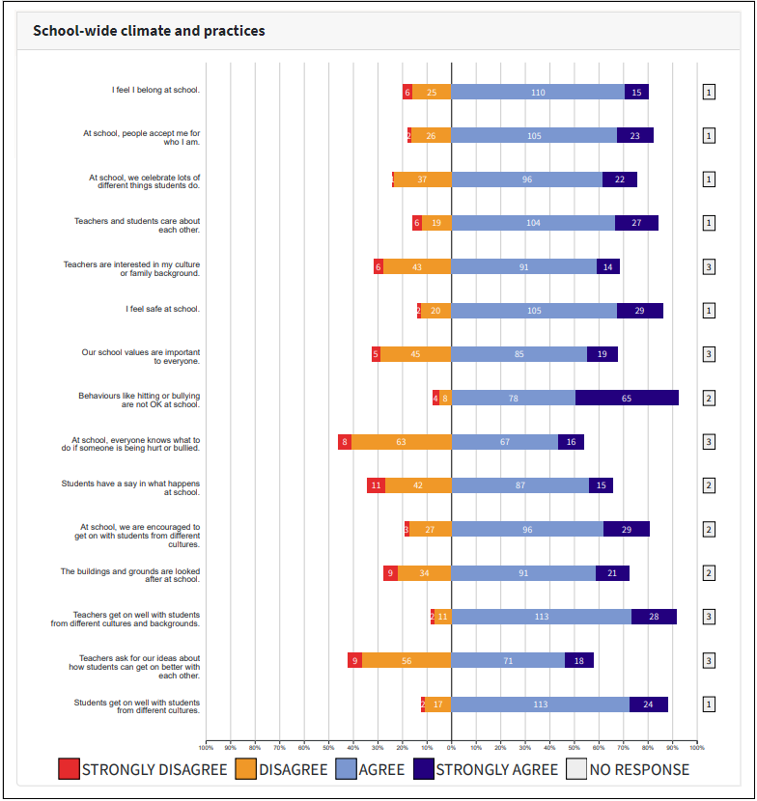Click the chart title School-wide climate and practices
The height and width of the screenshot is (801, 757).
[x=149, y=31]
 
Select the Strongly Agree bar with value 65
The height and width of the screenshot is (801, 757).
[x=627, y=398]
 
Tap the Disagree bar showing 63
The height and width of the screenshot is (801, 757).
[x=401, y=442]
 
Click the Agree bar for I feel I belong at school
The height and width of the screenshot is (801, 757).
[x=538, y=92]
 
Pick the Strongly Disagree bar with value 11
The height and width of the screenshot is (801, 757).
[x=377, y=485]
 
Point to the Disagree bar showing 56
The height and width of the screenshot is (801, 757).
[x=407, y=660]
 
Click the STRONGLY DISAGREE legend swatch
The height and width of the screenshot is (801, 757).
[x=69, y=769]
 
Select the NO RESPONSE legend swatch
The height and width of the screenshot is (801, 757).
[x=576, y=769]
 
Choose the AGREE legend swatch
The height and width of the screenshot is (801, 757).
[x=346, y=769]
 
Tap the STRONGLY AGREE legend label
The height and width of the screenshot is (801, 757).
[x=496, y=769]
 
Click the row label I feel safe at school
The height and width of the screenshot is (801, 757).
[x=163, y=310]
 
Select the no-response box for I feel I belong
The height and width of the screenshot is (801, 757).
[x=709, y=92]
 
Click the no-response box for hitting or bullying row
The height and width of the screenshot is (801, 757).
[x=709, y=398]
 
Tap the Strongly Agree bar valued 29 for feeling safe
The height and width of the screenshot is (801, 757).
[x=640, y=311]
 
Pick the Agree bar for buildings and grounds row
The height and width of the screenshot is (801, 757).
[x=523, y=573]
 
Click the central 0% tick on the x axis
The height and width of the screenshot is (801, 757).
[x=451, y=747]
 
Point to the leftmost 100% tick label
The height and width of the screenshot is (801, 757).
[x=206, y=747]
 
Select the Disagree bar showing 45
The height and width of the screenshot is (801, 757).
[x=415, y=354]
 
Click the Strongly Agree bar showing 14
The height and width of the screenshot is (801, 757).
[x=608, y=266]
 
